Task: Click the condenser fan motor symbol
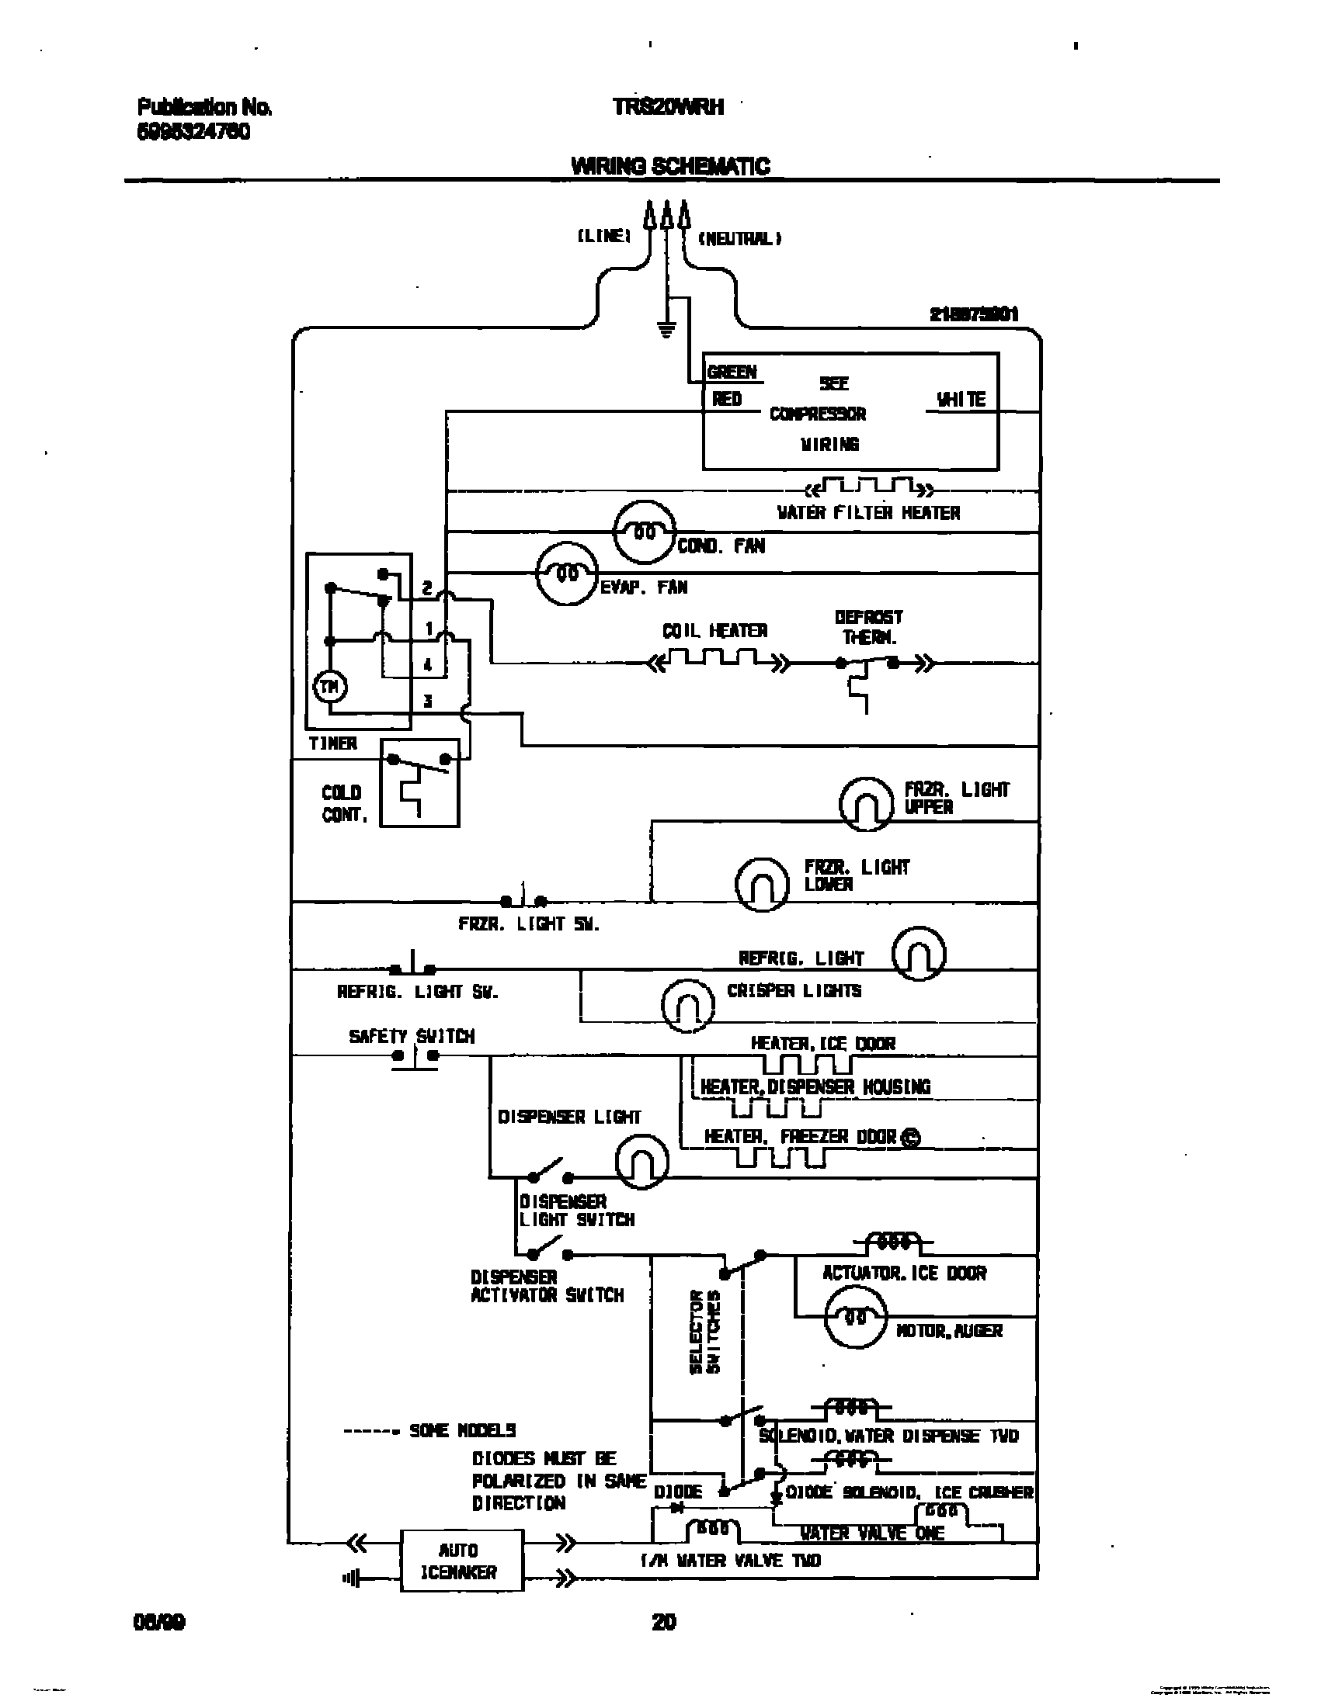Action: pyautogui.click(x=644, y=532)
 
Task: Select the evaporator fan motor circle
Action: pyautogui.click(x=567, y=574)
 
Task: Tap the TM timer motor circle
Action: pyautogui.click(x=330, y=687)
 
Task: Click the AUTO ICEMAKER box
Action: pyautogui.click(x=461, y=1561)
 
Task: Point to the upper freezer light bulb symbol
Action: pyautogui.click(x=866, y=804)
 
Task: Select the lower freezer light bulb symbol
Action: pyautogui.click(x=762, y=884)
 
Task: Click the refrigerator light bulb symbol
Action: pyautogui.click(x=918, y=953)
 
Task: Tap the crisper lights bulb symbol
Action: pyautogui.click(x=687, y=1004)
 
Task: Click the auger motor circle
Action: pyautogui.click(x=855, y=1317)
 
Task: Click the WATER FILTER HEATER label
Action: pyautogui.click(x=868, y=513)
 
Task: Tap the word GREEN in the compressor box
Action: pyautogui.click(x=732, y=373)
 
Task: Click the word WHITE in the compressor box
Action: pyautogui.click(x=961, y=400)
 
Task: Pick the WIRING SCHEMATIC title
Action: pyautogui.click(x=670, y=166)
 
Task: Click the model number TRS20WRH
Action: pyautogui.click(x=669, y=107)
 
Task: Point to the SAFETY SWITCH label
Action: pyautogui.click(x=411, y=1036)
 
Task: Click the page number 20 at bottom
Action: pyautogui.click(x=663, y=1621)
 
